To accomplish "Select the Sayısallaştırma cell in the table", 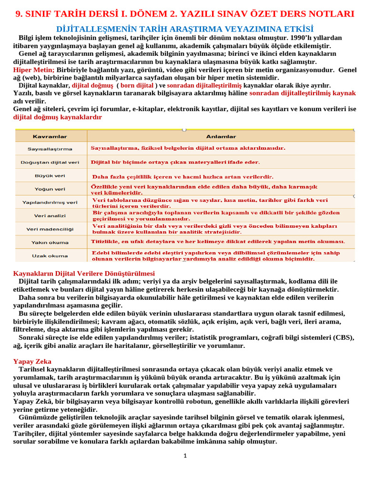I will [51, 149].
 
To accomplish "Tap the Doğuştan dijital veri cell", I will [51, 162].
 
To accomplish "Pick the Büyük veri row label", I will [51, 175].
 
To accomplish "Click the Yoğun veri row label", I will [51, 189].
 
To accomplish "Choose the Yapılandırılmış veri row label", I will [51, 202].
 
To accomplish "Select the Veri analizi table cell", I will [51, 215].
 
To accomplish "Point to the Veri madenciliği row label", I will [51, 229].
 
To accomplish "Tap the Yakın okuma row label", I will [51, 242].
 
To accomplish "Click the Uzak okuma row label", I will [51, 255].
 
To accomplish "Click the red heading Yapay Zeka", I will [32, 361].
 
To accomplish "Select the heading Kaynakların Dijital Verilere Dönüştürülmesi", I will [83, 274].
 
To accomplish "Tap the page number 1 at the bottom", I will [185, 456].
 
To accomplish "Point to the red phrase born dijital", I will [137, 85].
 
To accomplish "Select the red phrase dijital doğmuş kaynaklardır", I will [57, 117].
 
